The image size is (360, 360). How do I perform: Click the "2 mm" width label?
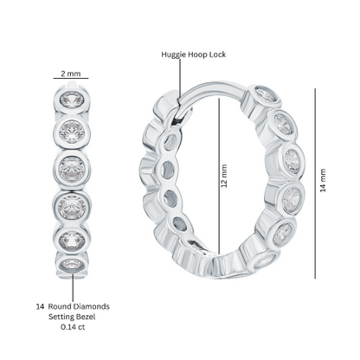click(71, 74)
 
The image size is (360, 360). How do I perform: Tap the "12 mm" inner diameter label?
click(224, 176)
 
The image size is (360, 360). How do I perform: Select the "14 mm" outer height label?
click(323, 181)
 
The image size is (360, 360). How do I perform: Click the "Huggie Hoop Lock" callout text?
click(194, 55)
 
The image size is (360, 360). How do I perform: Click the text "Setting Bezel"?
click(72, 317)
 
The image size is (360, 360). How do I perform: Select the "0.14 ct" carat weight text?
click(73, 327)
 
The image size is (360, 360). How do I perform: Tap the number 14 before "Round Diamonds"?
click(40, 306)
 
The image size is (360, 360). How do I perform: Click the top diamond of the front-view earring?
click(72, 99)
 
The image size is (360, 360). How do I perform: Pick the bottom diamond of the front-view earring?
click(72, 265)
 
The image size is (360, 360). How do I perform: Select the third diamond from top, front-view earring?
click(72, 169)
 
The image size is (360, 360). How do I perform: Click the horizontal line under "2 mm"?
click(71, 78)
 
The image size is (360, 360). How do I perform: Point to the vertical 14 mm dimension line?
click(315, 183)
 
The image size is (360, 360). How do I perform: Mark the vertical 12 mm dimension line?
click(219, 177)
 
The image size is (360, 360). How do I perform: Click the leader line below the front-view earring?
click(73, 288)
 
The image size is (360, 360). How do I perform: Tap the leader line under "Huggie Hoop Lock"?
click(181, 77)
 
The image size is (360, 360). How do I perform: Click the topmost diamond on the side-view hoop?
click(266, 93)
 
